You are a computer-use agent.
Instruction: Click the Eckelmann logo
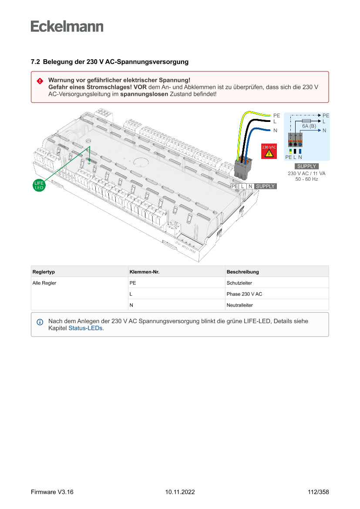(67, 26)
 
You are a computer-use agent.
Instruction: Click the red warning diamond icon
(40, 81)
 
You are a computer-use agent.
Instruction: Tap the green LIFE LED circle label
(39, 185)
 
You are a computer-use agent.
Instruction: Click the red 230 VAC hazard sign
(268, 151)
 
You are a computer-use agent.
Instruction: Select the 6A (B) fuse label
(309, 126)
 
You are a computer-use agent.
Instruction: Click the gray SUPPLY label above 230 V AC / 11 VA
(306, 166)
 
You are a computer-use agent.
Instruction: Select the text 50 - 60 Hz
(306, 179)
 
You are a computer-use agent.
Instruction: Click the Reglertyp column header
(44, 272)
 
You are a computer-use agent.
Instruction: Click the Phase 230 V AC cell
(244, 294)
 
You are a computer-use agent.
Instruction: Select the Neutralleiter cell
(239, 305)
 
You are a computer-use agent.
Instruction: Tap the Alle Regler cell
(44, 283)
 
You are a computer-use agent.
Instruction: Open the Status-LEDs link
(86, 328)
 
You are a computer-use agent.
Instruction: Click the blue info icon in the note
(40, 322)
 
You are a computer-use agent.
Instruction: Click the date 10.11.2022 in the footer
(180, 492)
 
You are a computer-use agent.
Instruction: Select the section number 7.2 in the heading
(35, 62)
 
